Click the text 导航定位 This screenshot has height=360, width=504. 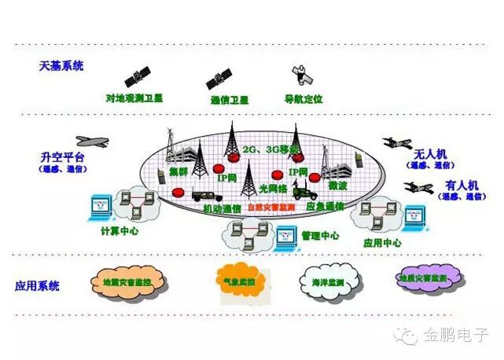point(304,100)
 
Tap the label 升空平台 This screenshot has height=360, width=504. point(62,156)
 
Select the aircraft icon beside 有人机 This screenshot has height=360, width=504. point(418,187)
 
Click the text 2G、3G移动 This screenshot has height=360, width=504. point(249,149)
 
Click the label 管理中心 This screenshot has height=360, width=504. point(321,235)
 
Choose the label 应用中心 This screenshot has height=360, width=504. point(383,243)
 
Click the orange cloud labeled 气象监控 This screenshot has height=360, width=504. point(239,280)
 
